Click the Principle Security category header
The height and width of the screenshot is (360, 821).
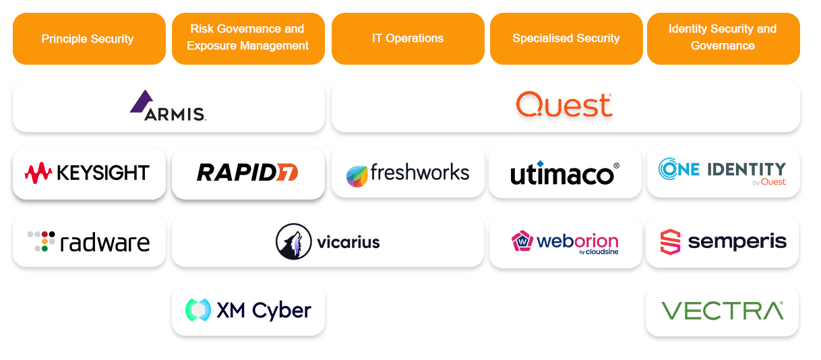[89, 39]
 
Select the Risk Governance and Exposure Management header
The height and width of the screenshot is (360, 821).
[248, 39]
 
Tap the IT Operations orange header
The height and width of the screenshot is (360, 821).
[408, 39]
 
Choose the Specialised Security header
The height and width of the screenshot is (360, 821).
[566, 39]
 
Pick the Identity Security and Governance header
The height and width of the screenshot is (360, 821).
[723, 39]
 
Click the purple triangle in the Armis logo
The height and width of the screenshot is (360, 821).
[142, 102]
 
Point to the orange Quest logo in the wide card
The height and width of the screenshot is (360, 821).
[564, 104]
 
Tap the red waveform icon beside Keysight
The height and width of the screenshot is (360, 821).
[38, 173]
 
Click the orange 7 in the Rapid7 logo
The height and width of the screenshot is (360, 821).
[287, 173]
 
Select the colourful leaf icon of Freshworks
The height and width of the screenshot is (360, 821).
[357, 177]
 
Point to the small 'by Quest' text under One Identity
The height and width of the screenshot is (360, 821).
[769, 182]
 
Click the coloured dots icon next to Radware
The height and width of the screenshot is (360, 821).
[41, 241]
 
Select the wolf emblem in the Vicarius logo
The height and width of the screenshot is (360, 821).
[294, 241]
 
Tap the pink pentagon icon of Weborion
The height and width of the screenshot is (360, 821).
[522, 241]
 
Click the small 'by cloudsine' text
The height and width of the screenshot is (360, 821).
[599, 252]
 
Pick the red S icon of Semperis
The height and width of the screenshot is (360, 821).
[671, 242]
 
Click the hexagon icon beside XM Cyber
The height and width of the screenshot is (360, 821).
[198, 310]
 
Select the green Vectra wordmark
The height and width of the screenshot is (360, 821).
[723, 311]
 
